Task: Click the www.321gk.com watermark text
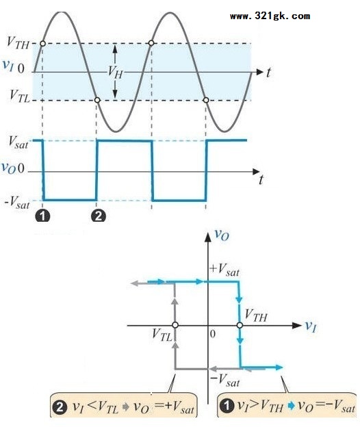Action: click(x=270, y=16)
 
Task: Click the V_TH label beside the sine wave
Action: click(x=18, y=43)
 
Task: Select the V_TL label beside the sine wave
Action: click(x=19, y=97)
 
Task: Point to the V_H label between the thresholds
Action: click(x=115, y=72)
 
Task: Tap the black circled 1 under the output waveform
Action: click(x=42, y=216)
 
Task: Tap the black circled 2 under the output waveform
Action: click(x=99, y=216)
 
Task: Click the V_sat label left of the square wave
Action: click(x=18, y=142)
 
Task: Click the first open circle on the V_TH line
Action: click(x=42, y=43)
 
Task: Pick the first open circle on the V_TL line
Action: click(x=97, y=100)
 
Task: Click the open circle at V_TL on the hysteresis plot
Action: click(x=175, y=325)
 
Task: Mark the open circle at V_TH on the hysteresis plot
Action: click(x=240, y=325)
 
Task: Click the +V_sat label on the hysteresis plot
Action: click(x=224, y=270)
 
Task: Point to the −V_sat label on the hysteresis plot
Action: click(x=225, y=380)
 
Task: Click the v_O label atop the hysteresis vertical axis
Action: click(x=222, y=235)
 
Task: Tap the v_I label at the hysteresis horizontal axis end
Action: click(x=311, y=326)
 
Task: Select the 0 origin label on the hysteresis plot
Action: click(x=213, y=334)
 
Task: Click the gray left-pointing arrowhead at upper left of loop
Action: click(x=135, y=283)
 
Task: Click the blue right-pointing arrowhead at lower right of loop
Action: click(x=279, y=368)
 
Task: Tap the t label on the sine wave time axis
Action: click(x=268, y=73)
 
